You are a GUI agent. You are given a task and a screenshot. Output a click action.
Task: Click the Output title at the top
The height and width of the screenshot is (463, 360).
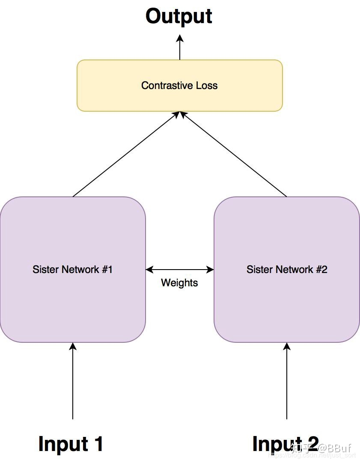point(179,16)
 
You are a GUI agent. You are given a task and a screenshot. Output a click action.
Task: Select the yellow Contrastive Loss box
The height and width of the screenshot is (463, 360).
point(179,98)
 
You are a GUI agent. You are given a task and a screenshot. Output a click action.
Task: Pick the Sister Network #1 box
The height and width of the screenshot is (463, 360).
point(73,300)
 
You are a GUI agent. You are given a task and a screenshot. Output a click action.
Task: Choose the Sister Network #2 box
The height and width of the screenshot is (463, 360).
point(287,300)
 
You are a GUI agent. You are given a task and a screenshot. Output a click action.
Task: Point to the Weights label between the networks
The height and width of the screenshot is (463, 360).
point(179,283)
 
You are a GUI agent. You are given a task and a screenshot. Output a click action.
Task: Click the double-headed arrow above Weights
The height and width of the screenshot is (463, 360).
point(180,270)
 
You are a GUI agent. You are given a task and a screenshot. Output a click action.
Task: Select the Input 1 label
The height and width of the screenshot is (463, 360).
point(71,444)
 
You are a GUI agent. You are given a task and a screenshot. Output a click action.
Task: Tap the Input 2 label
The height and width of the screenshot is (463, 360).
point(274,444)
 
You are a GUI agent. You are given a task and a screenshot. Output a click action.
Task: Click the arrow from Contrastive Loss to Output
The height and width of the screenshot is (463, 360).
point(180,47)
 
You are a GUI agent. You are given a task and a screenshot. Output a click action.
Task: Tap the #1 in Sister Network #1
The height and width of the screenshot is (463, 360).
point(107,270)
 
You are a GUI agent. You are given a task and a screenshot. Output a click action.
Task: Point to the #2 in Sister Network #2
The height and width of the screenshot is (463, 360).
point(321,270)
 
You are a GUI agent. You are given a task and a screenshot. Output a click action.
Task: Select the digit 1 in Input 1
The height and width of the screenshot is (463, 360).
point(98,444)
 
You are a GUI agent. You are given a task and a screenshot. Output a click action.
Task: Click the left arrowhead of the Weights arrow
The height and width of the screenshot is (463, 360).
point(149,270)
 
